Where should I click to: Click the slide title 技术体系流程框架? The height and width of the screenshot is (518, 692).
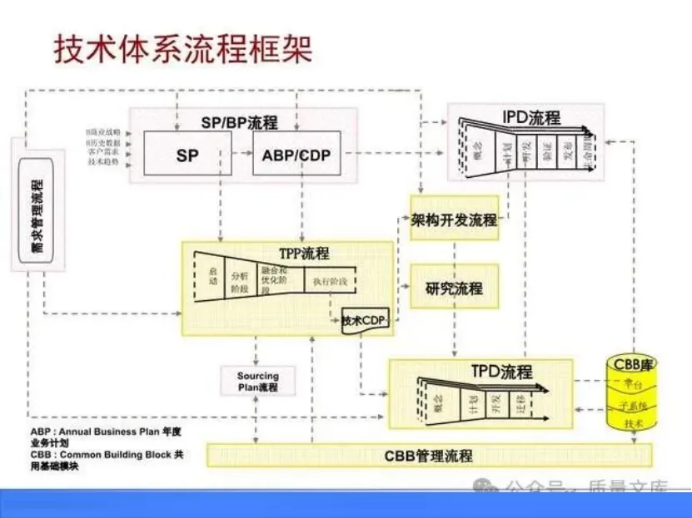click(184, 49)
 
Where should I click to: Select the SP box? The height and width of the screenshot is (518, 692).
click(187, 154)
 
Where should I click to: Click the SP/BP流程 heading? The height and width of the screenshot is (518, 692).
click(239, 122)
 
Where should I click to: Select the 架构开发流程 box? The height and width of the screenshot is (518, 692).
click(454, 220)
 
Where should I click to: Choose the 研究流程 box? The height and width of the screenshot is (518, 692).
click(454, 289)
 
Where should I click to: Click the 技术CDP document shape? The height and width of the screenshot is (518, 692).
click(366, 321)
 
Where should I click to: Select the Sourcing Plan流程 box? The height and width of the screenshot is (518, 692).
click(258, 381)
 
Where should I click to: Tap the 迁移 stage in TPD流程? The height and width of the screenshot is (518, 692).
click(521, 407)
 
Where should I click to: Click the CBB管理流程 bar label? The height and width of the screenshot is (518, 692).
click(429, 456)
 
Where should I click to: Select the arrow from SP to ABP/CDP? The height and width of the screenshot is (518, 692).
click(241, 154)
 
